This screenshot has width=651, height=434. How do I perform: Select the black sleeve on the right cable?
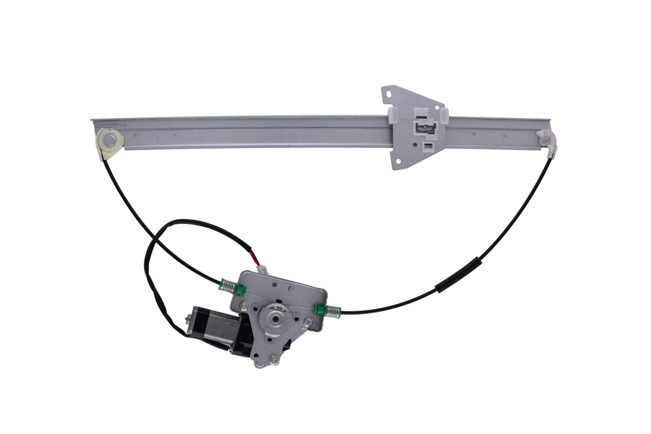pyautogui.click(x=458, y=275)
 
